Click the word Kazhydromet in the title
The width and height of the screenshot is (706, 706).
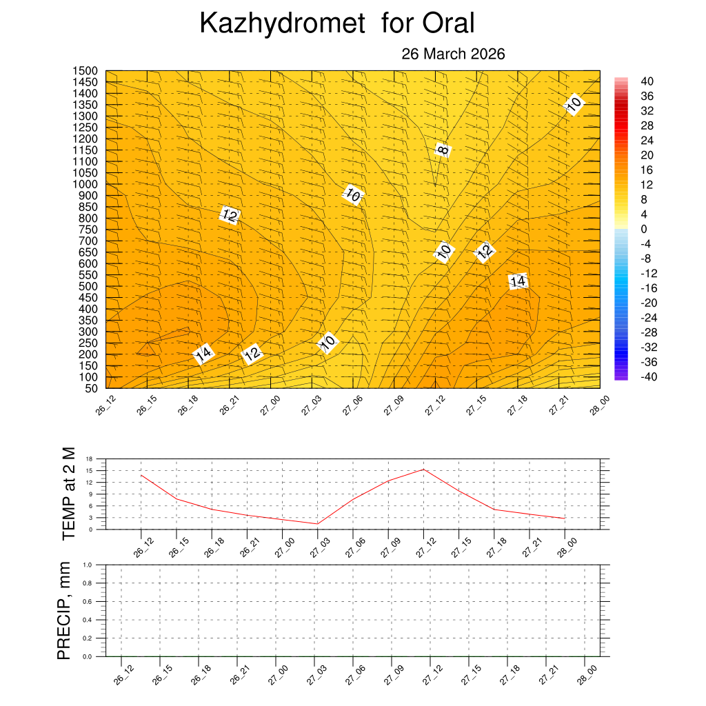281,24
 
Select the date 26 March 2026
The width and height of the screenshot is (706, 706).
453,54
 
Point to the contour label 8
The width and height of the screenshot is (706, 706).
443,148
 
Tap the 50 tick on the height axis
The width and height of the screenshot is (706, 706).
90,388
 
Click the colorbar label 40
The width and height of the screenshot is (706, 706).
647,81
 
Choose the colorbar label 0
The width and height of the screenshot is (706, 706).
644,229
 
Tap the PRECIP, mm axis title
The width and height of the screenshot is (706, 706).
64,610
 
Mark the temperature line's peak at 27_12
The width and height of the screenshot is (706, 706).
423,470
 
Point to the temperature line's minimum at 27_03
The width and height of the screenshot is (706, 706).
317,524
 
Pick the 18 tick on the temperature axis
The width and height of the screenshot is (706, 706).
89,458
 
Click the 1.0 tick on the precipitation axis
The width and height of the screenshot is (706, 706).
88,565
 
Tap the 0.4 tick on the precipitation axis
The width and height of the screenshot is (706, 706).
88,620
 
